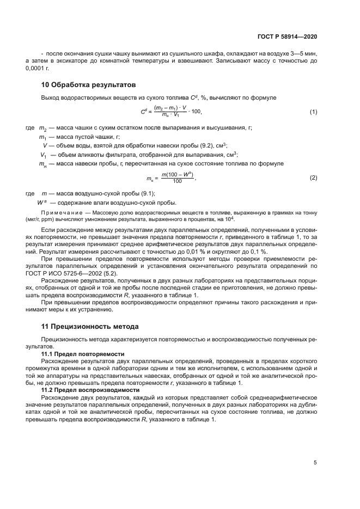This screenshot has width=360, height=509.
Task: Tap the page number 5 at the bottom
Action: [x=315, y=463]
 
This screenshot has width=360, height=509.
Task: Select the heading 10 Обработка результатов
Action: [x=88, y=85]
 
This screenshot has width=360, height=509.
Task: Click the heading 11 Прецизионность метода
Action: [x=90, y=327]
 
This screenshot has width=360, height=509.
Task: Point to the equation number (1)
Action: [x=313, y=112]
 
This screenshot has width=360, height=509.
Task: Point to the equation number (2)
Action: [x=313, y=178]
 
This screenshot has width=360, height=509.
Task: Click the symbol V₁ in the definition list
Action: [x=42, y=155]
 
